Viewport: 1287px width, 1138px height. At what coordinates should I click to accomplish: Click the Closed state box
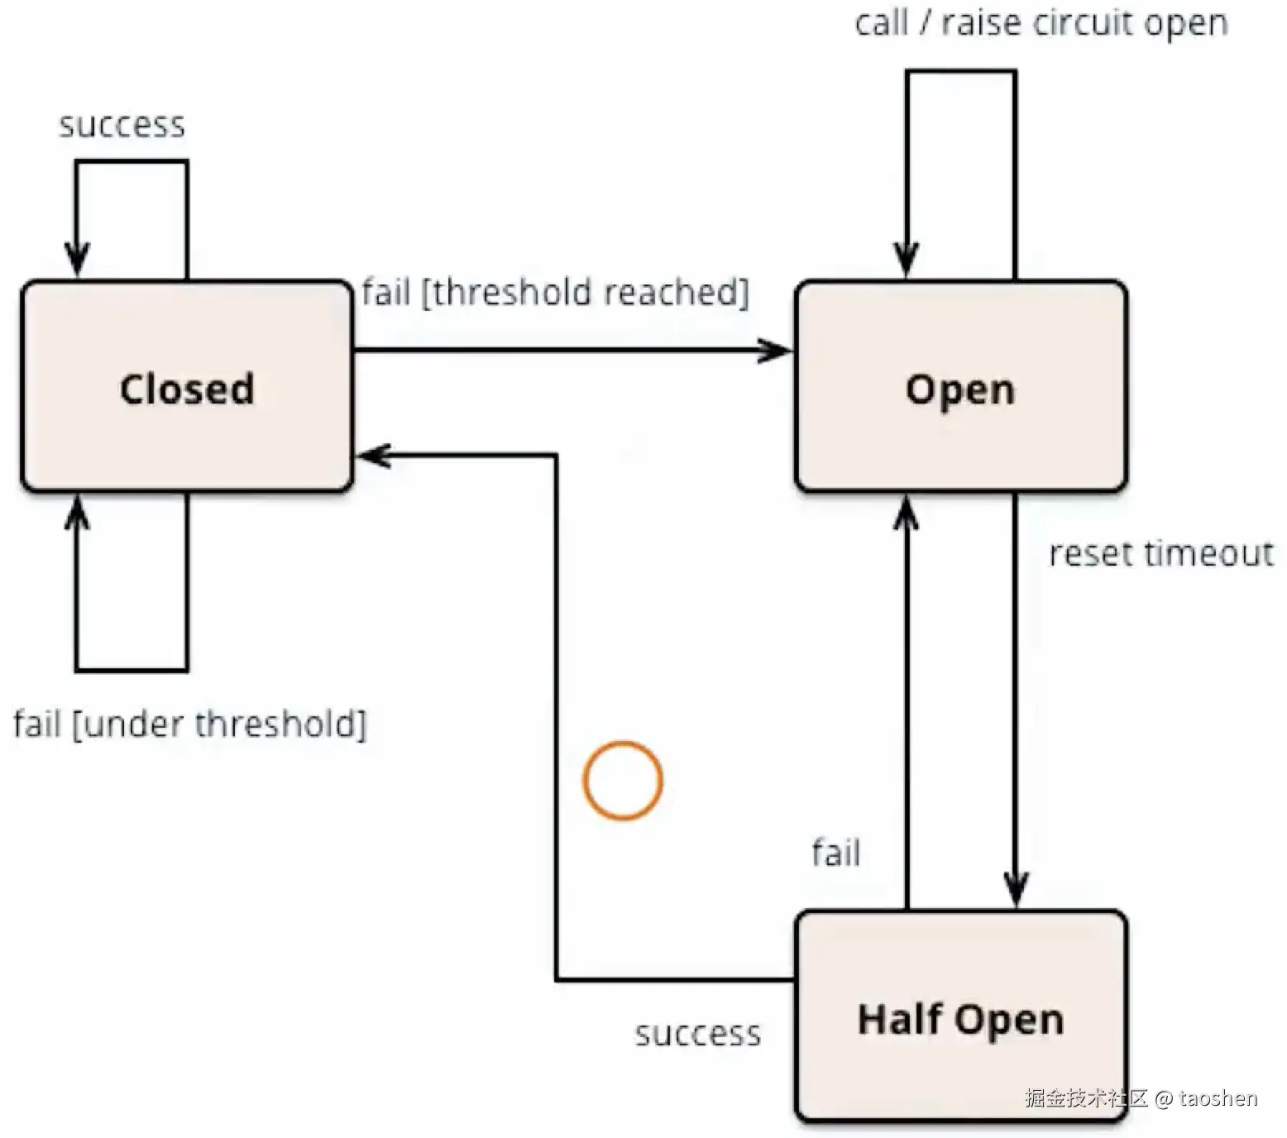pos(187,387)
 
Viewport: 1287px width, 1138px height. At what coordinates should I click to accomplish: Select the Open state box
pos(960,387)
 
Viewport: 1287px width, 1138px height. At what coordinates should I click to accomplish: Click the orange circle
pos(623,781)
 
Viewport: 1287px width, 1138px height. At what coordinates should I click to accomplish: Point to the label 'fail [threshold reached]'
pos(555,293)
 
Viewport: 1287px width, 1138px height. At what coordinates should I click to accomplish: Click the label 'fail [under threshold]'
pos(189,724)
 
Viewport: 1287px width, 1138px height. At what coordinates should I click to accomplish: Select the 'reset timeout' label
pos(1161,553)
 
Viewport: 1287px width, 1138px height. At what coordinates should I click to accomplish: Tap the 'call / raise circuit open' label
pos(1041,23)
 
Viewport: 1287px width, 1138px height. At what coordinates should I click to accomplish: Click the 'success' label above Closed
pos(122,125)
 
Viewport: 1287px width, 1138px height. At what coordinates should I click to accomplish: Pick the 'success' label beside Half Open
pos(698,1034)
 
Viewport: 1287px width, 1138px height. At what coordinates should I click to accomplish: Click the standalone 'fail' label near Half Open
pos(835,853)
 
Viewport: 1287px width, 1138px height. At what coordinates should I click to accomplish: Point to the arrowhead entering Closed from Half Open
pos(372,455)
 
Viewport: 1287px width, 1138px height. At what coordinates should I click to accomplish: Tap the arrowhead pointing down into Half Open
pos(1016,892)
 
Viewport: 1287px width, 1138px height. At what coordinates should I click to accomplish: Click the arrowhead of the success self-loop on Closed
pos(77,260)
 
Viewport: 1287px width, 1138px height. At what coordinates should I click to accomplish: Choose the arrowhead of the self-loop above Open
pos(907,260)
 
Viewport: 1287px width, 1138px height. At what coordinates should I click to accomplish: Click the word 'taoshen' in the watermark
pos(1218,1098)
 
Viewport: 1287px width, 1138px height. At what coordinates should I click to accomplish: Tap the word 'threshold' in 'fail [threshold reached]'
pos(511,293)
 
